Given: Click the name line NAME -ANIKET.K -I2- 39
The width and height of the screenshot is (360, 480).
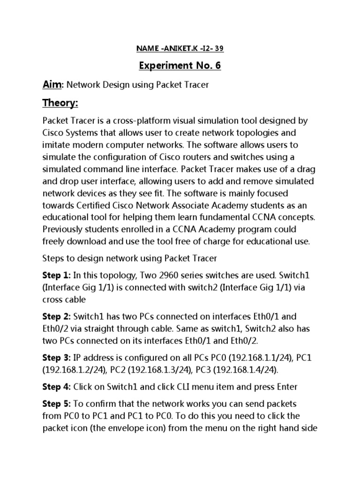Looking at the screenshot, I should (180, 48).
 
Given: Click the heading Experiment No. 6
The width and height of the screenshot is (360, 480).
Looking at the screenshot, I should (180, 66).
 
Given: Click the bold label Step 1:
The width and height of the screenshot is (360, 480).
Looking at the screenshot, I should (57, 275).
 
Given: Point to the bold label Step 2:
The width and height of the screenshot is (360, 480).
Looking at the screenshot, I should (57, 316).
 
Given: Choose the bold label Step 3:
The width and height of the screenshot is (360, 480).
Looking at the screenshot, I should (57, 358).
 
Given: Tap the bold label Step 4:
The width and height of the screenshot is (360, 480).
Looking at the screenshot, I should (57, 387).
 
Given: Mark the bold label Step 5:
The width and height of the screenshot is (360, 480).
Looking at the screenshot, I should (57, 404).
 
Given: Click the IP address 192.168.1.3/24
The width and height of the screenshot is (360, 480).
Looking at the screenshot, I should (159, 370).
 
